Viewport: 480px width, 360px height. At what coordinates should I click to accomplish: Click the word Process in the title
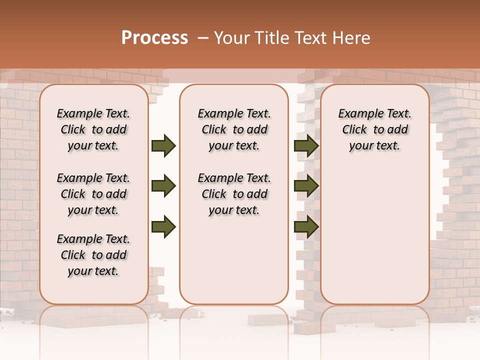(x=154, y=37)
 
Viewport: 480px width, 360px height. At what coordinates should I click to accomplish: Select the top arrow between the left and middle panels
(x=163, y=146)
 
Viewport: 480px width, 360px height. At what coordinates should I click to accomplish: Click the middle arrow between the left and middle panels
(x=163, y=186)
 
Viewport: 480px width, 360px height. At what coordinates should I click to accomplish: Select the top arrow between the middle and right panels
(x=306, y=146)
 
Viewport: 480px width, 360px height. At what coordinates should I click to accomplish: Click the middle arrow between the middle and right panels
(x=306, y=186)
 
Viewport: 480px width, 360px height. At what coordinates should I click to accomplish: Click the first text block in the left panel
(x=93, y=129)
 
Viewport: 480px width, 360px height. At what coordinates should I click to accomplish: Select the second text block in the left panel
(x=93, y=194)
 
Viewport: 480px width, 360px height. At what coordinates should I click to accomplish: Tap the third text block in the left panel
(x=93, y=255)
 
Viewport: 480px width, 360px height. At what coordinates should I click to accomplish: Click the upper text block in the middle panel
(x=234, y=129)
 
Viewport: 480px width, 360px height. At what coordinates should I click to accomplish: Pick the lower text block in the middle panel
(x=234, y=194)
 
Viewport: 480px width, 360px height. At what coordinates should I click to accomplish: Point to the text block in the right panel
(x=375, y=129)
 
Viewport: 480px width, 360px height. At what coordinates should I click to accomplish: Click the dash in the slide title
(x=203, y=37)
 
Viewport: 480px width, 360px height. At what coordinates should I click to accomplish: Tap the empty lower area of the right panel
(x=375, y=230)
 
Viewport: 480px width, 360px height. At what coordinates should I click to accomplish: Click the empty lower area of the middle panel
(x=234, y=260)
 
